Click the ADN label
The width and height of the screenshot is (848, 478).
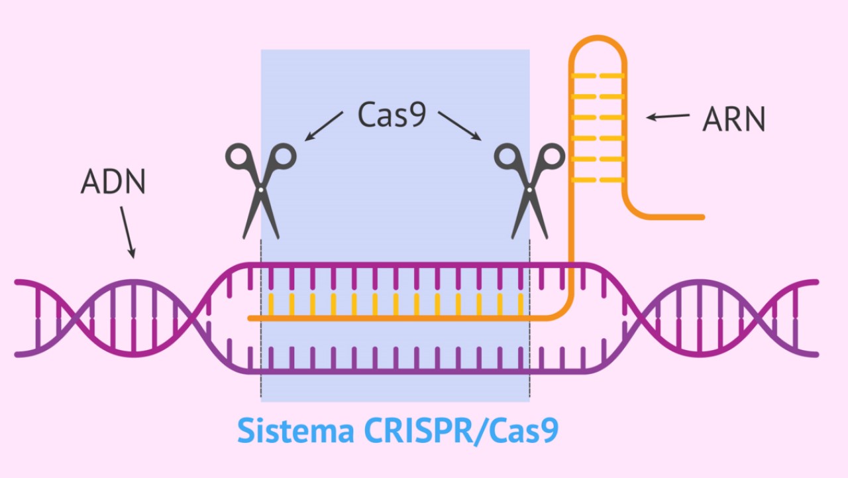[x=113, y=182]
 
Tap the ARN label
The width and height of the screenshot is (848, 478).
[x=733, y=119]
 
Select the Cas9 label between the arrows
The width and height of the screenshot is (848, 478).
[x=392, y=115]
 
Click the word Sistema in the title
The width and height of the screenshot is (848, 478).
[x=295, y=430]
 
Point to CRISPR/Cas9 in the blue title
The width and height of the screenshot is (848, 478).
[x=461, y=431]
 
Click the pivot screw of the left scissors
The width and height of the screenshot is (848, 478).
[x=261, y=190]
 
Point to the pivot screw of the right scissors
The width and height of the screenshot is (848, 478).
[x=529, y=190]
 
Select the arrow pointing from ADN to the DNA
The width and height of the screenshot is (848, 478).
[x=128, y=233]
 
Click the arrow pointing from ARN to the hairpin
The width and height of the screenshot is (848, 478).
[x=668, y=116]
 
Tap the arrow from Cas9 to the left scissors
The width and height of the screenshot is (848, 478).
[x=324, y=126]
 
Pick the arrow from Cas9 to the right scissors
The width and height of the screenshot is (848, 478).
[x=460, y=126]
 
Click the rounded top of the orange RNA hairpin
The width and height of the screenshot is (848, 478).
[x=598, y=38]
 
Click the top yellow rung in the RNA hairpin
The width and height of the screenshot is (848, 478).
[x=598, y=76]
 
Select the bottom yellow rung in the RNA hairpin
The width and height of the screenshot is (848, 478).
[x=598, y=180]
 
